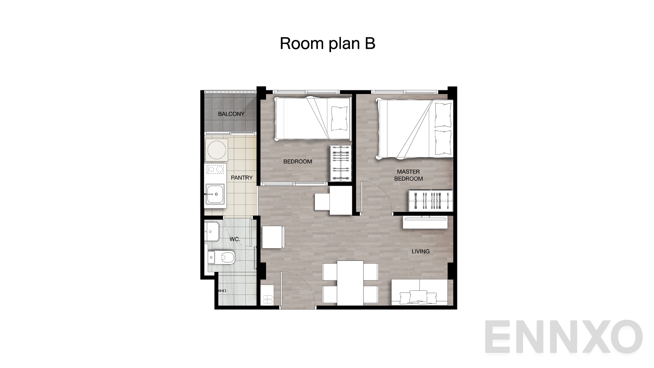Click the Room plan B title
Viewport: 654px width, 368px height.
coord(327,43)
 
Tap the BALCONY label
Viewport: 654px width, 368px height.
coord(231,114)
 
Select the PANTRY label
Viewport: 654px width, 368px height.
coord(242,178)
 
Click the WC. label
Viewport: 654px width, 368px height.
coord(235,239)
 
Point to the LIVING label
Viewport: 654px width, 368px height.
coord(421,251)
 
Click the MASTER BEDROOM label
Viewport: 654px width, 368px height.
coord(408,175)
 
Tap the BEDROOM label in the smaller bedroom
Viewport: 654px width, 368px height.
coord(298,162)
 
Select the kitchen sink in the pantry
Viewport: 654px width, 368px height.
coord(215,193)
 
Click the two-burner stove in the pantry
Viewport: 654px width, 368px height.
coord(215,169)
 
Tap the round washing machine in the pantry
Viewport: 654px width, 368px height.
coord(216,150)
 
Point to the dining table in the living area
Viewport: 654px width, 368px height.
coord(350,283)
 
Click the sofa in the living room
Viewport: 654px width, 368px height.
coord(419,292)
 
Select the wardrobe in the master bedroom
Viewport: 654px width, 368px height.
coord(431,201)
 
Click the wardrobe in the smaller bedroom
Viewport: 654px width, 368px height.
coord(341,163)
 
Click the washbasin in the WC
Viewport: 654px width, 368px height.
coord(212,231)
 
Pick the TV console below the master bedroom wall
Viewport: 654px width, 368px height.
coord(425,222)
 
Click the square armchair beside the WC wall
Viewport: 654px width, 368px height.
coord(273,237)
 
